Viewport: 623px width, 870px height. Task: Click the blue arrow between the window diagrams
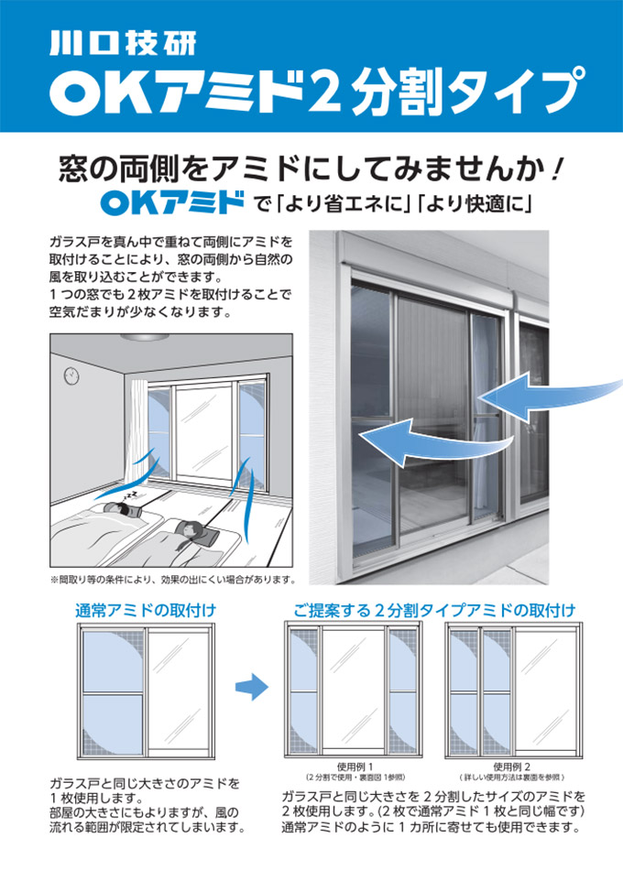[x=249, y=688]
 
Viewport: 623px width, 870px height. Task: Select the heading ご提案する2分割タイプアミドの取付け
[x=434, y=610]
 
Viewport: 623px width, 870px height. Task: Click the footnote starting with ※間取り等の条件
[x=172, y=580]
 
